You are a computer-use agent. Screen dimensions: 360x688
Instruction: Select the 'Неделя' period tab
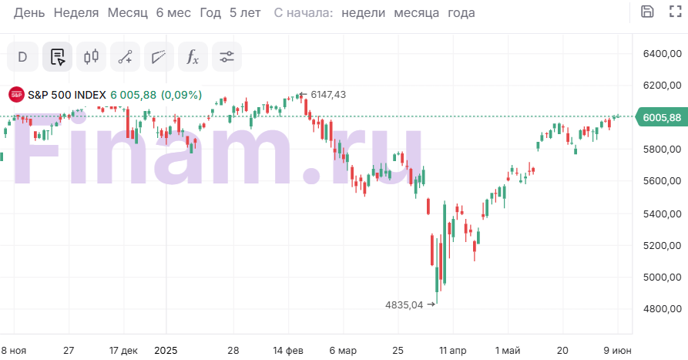(76, 12)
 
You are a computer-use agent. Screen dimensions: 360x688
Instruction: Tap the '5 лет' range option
(244, 12)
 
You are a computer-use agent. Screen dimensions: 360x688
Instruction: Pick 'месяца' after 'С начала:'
(416, 12)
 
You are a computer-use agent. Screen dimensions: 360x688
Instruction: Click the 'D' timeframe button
(22, 56)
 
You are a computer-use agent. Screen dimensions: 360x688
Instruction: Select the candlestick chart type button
(92, 56)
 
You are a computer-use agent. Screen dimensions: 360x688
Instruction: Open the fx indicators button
(193, 56)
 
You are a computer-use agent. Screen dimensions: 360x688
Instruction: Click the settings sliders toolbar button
(227, 56)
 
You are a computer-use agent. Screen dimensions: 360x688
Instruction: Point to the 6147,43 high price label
(328, 94)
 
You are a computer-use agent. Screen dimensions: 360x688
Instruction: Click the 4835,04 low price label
(404, 304)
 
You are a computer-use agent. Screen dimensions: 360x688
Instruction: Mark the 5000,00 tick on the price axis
(662, 278)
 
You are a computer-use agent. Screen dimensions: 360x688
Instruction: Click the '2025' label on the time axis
(166, 349)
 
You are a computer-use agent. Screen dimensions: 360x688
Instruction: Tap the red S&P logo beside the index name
(16, 95)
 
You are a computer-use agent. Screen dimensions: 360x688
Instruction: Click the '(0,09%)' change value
(182, 95)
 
